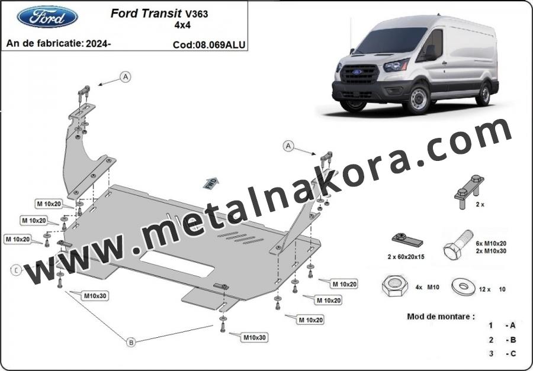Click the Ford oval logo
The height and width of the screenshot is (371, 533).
[47, 17]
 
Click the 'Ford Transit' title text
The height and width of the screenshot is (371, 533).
[146, 13]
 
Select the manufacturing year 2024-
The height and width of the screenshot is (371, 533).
[98, 43]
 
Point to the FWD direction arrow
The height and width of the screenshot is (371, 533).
[211, 183]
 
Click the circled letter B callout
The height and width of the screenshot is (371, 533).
[131, 342]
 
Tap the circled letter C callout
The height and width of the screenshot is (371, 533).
[16, 270]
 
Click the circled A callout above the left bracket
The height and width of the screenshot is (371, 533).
[126, 77]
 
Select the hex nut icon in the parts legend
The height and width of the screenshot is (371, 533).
[394, 287]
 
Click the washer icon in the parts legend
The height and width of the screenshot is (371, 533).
[463, 287]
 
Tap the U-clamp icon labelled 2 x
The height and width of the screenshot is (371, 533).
[469, 192]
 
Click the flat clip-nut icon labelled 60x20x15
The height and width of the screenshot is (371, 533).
[407, 240]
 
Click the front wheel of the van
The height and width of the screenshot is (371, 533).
[419, 99]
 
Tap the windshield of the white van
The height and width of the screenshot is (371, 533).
[394, 40]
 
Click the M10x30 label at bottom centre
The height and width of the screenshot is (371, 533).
[254, 337]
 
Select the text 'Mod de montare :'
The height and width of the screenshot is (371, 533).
[441, 317]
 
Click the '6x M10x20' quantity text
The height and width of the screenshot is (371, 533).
[491, 243]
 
